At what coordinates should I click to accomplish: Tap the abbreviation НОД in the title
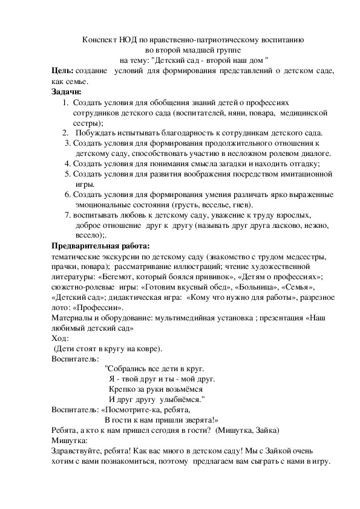tap(126, 39)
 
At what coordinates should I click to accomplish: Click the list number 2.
tap(65, 133)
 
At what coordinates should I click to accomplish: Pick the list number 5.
tap(67, 173)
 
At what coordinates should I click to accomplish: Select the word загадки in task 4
tap(242, 163)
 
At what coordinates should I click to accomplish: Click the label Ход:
tap(61, 338)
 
